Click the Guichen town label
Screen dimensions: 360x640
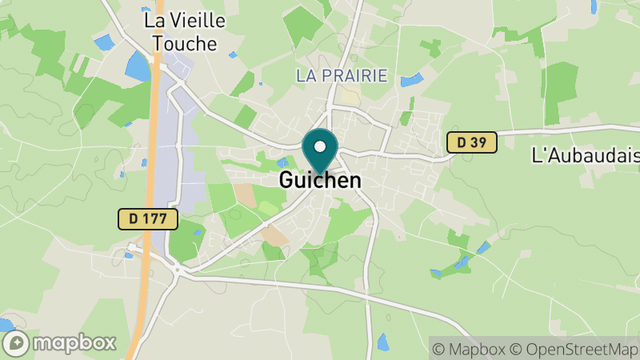[x=320, y=181]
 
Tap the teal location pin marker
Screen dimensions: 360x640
[x=320, y=151]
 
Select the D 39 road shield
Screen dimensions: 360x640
[x=471, y=142]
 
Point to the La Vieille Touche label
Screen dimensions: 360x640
[x=184, y=31]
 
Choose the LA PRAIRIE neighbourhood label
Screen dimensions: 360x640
[x=341, y=77]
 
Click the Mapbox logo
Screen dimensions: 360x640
[x=60, y=342]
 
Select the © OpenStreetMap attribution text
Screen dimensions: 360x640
[x=578, y=349]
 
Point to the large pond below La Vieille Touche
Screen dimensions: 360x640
[x=138, y=66]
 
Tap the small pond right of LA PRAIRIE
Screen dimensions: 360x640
[x=411, y=80]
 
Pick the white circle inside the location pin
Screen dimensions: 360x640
[x=320, y=146]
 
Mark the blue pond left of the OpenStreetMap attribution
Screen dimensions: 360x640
[x=382, y=342]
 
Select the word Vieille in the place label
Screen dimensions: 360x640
[x=194, y=20]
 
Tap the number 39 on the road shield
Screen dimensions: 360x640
[x=478, y=142]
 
